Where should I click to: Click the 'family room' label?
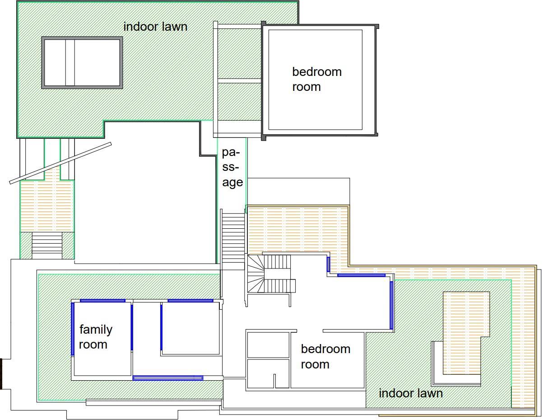point(96,337)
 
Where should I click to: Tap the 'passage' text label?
point(232,167)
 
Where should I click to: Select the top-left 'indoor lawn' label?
point(155,27)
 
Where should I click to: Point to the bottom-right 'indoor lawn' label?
point(411,393)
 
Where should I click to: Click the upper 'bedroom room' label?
point(317,80)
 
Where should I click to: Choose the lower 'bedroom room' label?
point(325,357)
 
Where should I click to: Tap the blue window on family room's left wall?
point(73,329)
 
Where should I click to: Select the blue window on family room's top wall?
point(102,301)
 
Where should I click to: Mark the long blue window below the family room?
point(168,378)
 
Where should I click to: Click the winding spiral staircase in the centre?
point(255,274)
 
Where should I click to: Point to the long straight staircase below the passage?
point(233,238)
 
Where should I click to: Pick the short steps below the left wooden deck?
point(47,245)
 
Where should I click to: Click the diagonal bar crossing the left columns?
point(60,163)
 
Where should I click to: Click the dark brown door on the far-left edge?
point(1,374)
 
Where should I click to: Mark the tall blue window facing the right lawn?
point(392,305)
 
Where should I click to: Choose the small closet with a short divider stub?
point(268,374)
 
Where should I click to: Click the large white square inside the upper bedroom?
point(316,80)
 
